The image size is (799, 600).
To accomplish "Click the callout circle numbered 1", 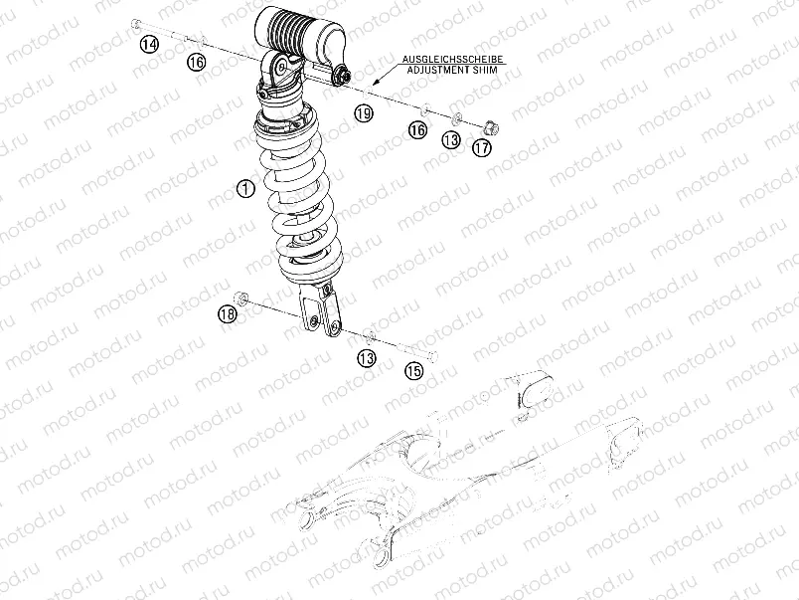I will coord(245,187).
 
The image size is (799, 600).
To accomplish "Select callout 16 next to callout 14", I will coord(195,62).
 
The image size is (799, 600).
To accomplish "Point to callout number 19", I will coord(364,114).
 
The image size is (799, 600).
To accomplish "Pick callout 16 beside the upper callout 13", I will coord(417,130).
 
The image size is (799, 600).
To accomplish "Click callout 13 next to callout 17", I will coord(451,140).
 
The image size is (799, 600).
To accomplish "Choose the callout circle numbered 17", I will coord(482,147).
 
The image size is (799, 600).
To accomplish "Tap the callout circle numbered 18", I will coord(228,314).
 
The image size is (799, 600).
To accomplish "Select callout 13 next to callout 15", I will coord(367,357).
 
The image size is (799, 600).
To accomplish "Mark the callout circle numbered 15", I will coord(412,370).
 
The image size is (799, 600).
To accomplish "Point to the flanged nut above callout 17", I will coord(491,126).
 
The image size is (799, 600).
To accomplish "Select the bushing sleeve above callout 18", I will coord(240,297).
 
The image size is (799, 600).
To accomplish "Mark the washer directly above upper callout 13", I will coord(456,118).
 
